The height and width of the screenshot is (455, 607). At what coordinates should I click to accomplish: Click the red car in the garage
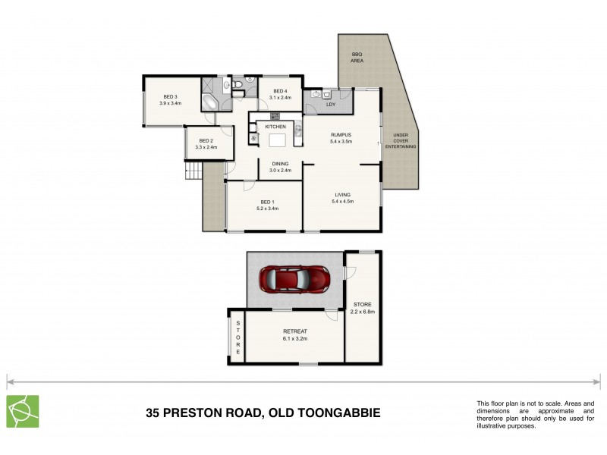click(x=294, y=280)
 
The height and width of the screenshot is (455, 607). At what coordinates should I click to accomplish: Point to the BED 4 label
click(x=281, y=94)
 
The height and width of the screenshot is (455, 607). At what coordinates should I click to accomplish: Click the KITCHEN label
click(x=275, y=126)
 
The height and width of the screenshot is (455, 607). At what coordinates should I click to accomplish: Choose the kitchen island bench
click(x=278, y=140)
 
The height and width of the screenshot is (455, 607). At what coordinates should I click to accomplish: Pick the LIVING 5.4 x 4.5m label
click(x=343, y=199)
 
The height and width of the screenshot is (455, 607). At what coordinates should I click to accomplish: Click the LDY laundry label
click(x=331, y=105)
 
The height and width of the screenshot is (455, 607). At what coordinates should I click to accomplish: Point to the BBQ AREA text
click(x=357, y=57)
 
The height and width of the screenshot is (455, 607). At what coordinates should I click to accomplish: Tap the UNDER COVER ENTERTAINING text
click(x=400, y=141)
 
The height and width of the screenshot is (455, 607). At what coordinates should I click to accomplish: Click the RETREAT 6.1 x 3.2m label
click(x=294, y=334)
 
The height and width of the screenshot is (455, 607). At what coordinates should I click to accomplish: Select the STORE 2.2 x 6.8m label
click(x=363, y=308)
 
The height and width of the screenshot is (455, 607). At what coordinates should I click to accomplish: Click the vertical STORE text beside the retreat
click(x=237, y=338)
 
